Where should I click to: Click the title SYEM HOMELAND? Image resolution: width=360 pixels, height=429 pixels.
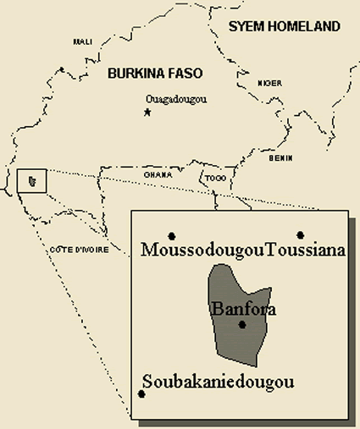(285, 26)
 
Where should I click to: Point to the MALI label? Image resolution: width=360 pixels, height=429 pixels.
(83, 41)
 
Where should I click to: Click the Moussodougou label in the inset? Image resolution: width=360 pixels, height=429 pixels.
(203, 250)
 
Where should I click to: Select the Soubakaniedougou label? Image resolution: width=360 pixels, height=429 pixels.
(219, 382)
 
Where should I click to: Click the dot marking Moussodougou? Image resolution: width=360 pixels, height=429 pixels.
(172, 234)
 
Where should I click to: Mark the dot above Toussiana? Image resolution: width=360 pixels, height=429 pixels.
(300, 234)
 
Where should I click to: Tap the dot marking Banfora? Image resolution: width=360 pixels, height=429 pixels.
(242, 324)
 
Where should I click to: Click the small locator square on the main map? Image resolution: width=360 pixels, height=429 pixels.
(32, 181)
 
